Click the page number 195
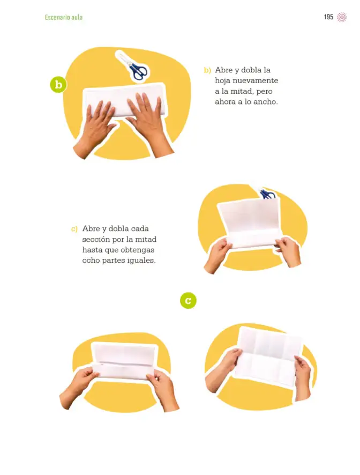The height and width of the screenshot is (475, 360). click(x=328, y=17)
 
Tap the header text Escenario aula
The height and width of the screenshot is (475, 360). click(x=64, y=17)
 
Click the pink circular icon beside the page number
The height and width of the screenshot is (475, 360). click(x=342, y=17)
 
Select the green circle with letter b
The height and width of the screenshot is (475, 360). click(x=58, y=84)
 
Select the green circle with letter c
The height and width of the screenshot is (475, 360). click(x=188, y=301)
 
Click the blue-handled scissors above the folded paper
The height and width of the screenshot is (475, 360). click(x=132, y=66)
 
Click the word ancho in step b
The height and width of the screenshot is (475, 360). click(x=265, y=102)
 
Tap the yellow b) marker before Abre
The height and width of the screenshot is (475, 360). click(x=207, y=70)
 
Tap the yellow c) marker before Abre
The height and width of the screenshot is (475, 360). click(x=74, y=229)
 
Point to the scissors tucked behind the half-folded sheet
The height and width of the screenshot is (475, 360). click(x=267, y=194)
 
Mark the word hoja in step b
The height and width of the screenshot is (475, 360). click(x=222, y=81)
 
